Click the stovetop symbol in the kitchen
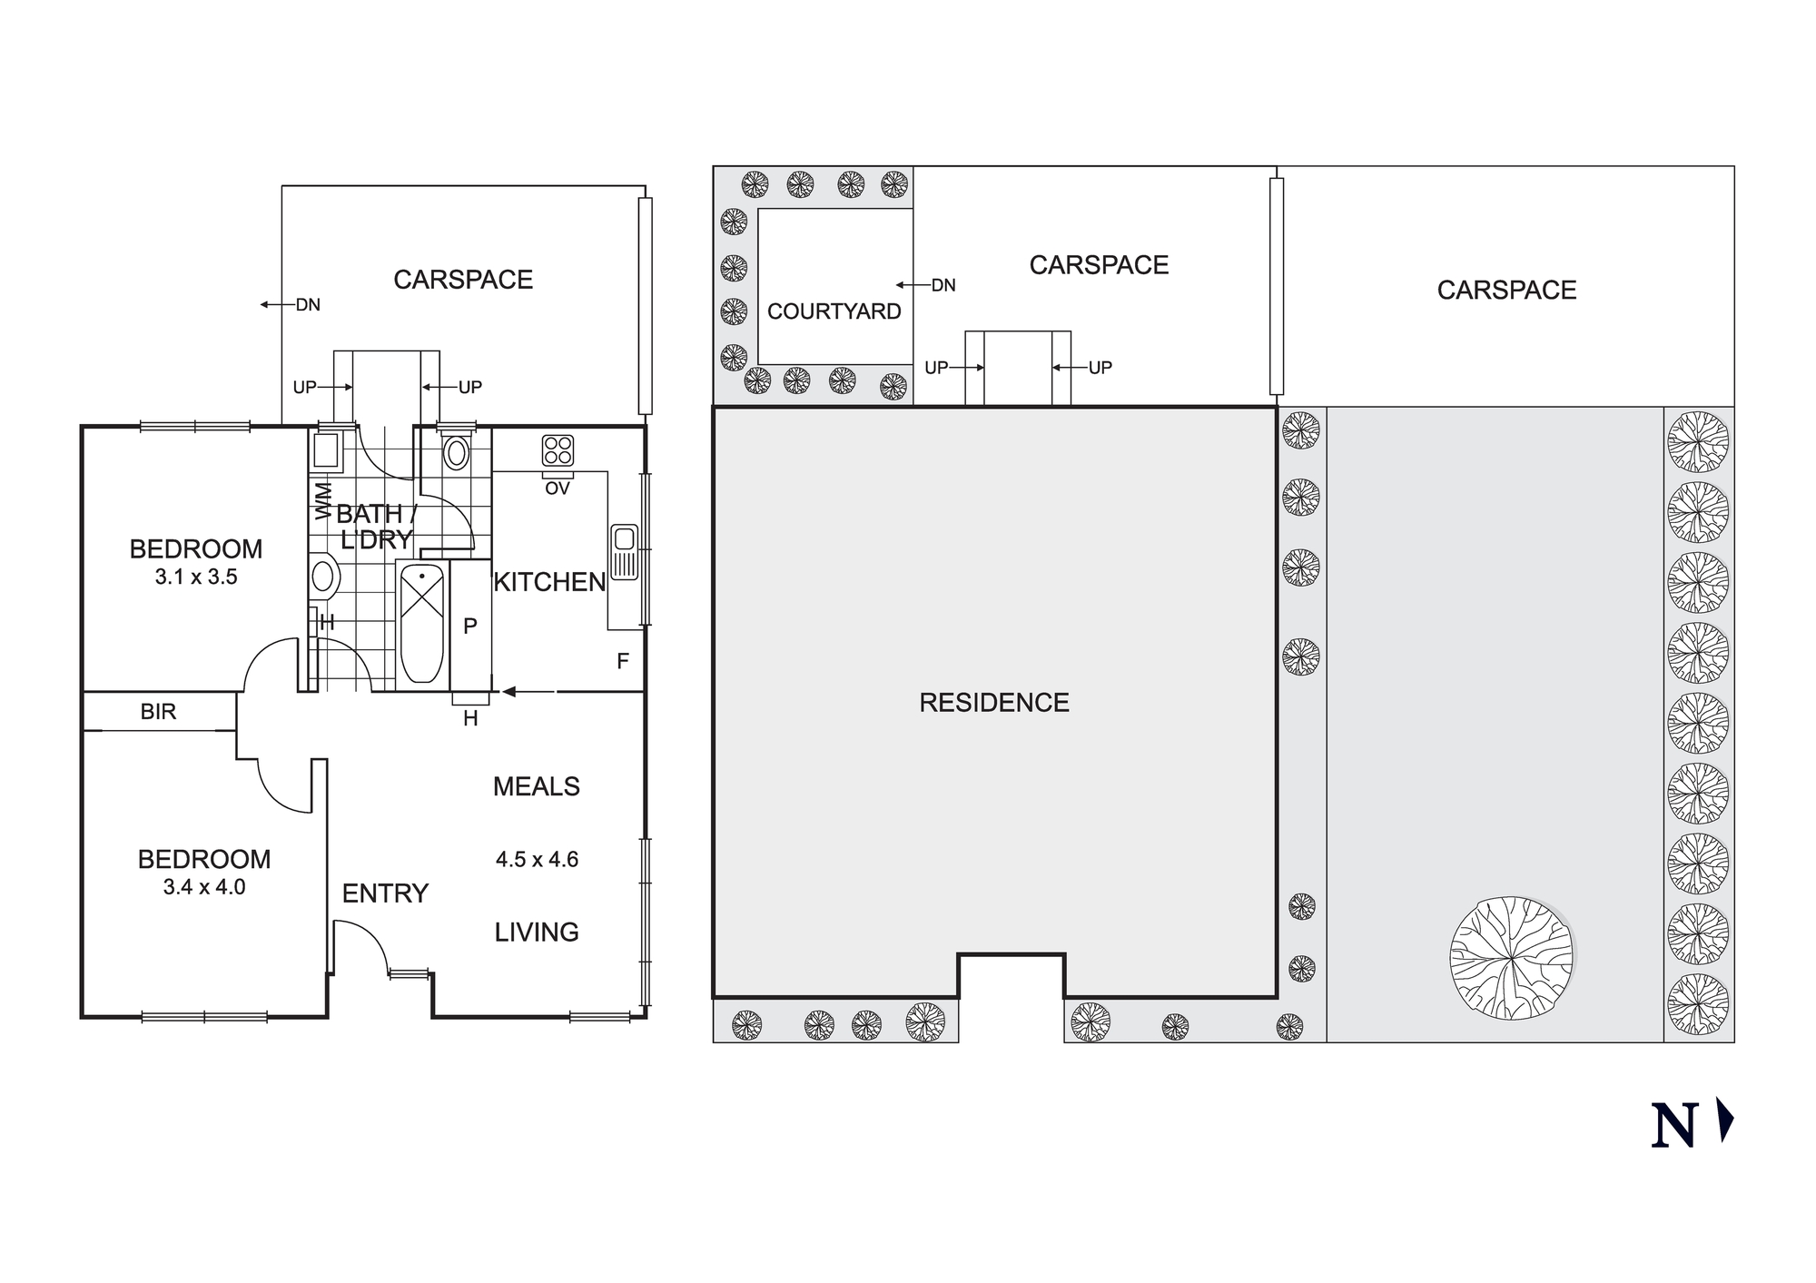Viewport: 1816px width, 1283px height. pos(558,450)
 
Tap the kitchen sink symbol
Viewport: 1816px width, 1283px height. pos(624,551)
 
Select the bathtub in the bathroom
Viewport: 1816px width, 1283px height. pos(422,623)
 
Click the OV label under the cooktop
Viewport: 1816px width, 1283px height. pos(558,489)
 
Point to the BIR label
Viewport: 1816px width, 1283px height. pos(158,712)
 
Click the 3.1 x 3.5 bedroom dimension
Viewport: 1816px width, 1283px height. pos(196,577)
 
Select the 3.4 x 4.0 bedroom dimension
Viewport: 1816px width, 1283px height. pos(204,887)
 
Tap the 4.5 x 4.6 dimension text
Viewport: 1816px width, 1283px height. pos(537,859)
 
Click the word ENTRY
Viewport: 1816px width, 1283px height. pos(385,893)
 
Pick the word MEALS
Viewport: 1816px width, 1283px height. pos(536,786)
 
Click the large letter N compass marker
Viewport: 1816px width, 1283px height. pos(1673,1126)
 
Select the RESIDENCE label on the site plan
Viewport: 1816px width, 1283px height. pos(994,703)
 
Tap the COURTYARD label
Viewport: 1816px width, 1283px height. pos(834,311)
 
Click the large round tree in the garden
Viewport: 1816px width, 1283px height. pos(1512,958)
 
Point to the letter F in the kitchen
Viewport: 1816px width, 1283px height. pos(623,661)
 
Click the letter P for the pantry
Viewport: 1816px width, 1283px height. pos(470,626)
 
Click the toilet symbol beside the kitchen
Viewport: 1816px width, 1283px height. pos(456,452)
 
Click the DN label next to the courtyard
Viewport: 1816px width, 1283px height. pos(943,285)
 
